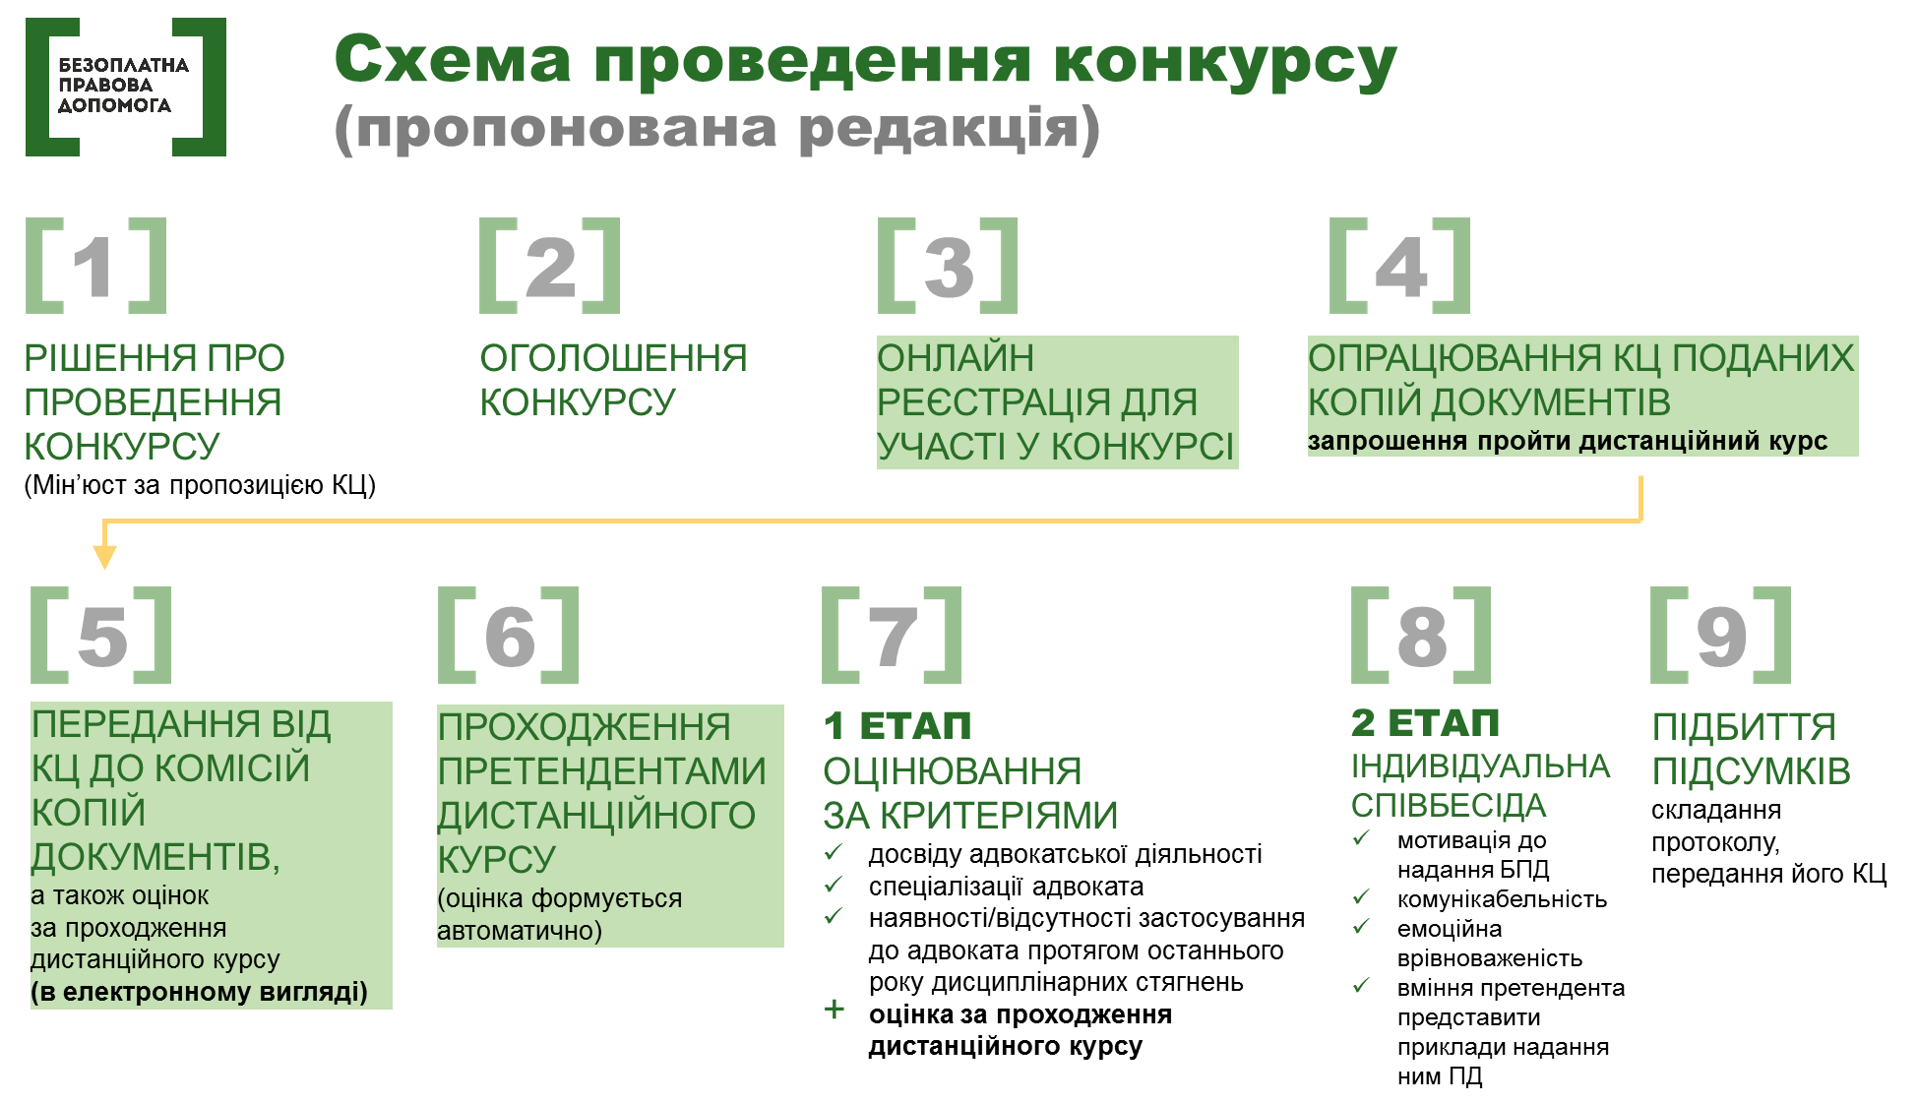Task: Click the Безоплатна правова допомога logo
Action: pos(126,87)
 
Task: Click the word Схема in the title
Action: pos(453,59)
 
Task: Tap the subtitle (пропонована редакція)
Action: pos(717,129)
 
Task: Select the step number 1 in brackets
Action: pos(96,266)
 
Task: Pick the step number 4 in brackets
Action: pos(1399,266)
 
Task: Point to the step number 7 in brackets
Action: pos(893,635)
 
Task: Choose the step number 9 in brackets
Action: pos(1721,635)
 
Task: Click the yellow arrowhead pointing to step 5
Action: pos(104,557)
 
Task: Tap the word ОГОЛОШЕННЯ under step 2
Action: pos(613,358)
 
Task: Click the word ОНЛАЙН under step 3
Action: pos(956,358)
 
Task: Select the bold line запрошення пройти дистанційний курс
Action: pos(1568,441)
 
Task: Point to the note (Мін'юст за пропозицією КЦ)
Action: pos(200,485)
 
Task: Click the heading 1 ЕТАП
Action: pos(897,726)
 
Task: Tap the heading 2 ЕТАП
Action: pos(1425,723)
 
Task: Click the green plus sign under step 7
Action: pos(835,1010)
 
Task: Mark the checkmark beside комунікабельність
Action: pos(1362,896)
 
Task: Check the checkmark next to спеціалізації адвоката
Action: pos(834,885)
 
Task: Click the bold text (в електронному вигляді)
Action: pos(199,992)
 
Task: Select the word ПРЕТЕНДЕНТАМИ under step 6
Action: pos(601,771)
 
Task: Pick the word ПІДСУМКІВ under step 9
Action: pos(1752,771)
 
